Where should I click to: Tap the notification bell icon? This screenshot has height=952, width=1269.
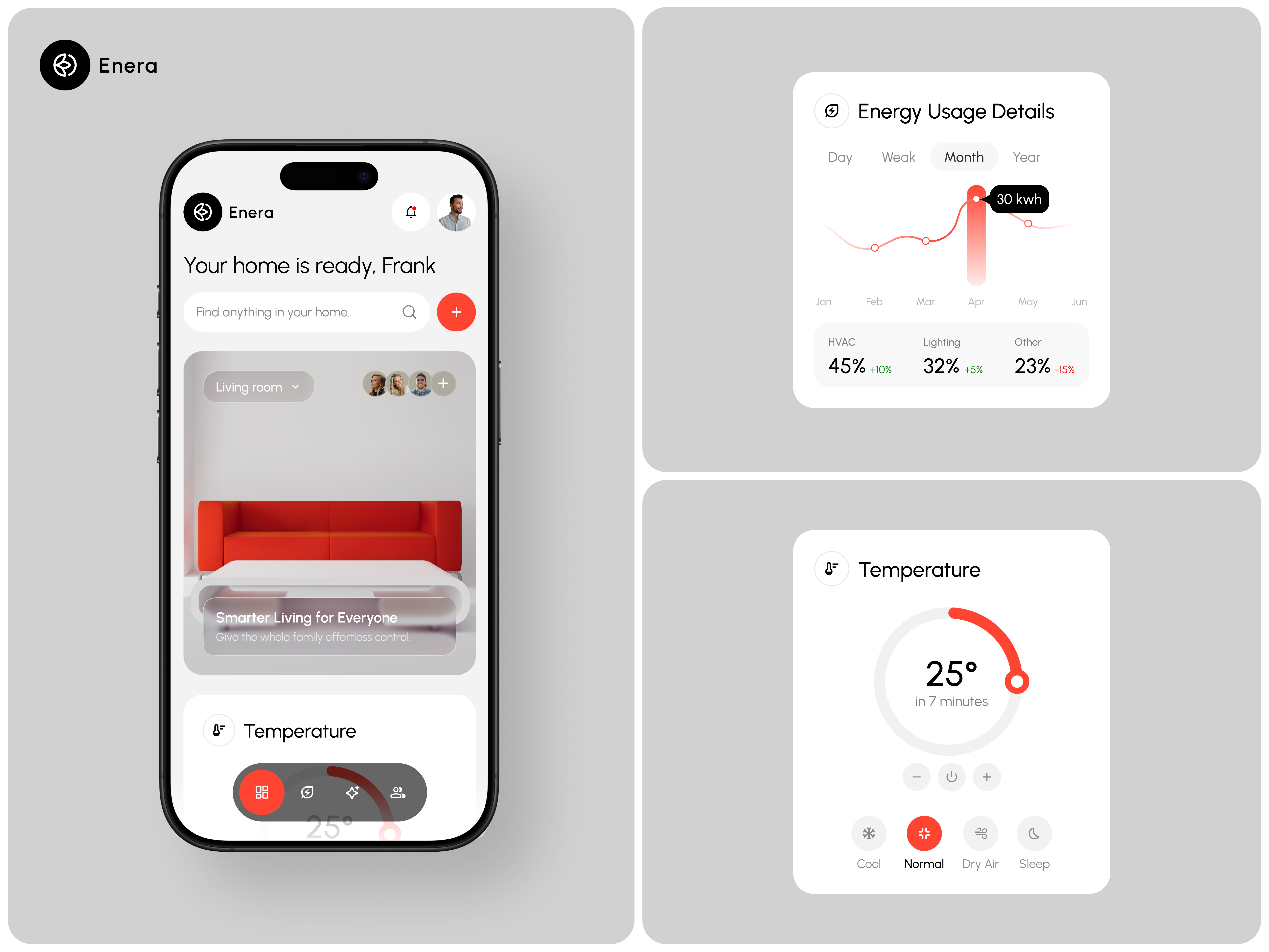coord(411,212)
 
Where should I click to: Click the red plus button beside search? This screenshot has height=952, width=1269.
coord(456,312)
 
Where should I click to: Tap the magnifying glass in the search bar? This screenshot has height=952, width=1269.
coord(409,312)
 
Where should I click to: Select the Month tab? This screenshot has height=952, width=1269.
coord(964,157)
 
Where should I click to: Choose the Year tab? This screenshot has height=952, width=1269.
coord(1026,157)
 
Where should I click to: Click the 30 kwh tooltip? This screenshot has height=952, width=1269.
coord(1019,199)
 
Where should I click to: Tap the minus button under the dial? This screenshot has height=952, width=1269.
coord(916,777)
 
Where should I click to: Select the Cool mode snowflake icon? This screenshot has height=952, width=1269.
coord(868,833)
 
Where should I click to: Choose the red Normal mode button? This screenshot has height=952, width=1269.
coord(924,833)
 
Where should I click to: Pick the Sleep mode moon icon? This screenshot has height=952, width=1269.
coord(1034,833)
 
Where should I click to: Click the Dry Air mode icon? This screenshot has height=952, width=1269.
coord(981,833)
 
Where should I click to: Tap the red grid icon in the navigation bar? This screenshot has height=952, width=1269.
coord(262,793)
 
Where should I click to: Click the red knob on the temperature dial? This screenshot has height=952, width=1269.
coord(1017,682)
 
